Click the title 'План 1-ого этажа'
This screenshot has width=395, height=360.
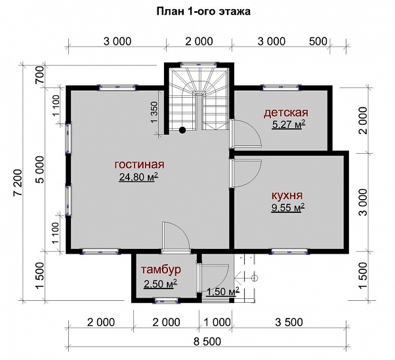(x=203, y=12)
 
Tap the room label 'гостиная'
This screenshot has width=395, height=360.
(x=139, y=164)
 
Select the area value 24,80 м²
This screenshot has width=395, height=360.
(x=138, y=177)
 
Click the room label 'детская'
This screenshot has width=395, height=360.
(x=286, y=113)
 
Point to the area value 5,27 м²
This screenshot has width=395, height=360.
(x=289, y=124)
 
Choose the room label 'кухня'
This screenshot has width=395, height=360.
(x=287, y=196)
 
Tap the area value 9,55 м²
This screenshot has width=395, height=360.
(x=288, y=208)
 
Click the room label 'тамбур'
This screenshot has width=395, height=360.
(x=161, y=270)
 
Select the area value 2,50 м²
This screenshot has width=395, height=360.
(x=160, y=284)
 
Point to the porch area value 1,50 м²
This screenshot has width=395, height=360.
(x=222, y=292)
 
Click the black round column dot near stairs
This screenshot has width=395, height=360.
(x=182, y=130)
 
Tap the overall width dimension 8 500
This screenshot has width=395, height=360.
(x=207, y=342)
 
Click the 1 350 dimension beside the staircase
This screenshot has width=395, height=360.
(x=154, y=112)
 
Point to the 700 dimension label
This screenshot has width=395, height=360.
(x=39, y=75)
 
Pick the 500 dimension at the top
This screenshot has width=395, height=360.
(x=318, y=41)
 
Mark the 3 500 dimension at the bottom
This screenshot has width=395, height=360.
(x=289, y=322)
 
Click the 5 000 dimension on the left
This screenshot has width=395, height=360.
(x=39, y=169)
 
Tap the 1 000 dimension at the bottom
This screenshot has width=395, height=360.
(x=217, y=322)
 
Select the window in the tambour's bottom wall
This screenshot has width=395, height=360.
(x=166, y=300)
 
